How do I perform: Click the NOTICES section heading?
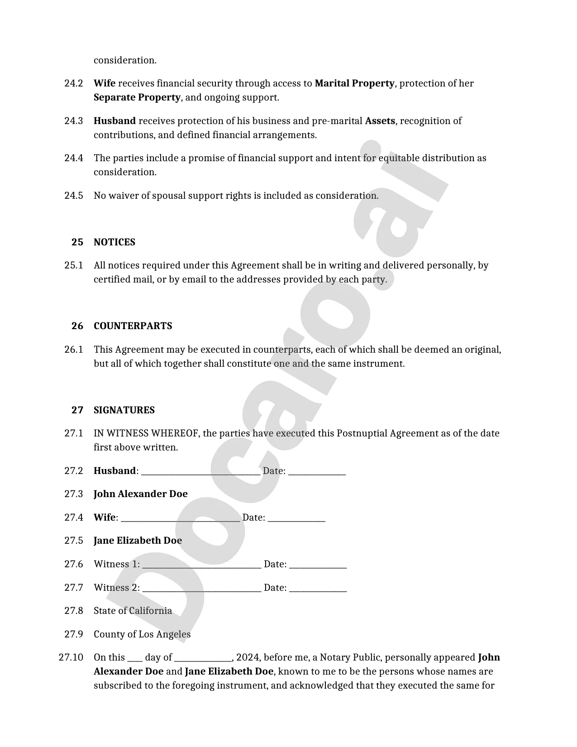(114, 242)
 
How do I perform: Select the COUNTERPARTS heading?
(133, 326)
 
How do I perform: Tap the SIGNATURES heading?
(124, 410)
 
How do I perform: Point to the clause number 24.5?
(74, 196)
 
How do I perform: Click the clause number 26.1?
(74, 350)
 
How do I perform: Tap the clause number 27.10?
(71, 657)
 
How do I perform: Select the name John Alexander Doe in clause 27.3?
(140, 494)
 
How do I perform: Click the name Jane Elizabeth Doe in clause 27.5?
(138, 541)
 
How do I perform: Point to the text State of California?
(133, 611)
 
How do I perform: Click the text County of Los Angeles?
(142, 634)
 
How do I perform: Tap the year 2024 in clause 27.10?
(247, 657)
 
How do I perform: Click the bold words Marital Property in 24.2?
(354, 83)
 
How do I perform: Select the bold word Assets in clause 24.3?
(380, 121)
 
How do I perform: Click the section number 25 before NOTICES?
(77, 242)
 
